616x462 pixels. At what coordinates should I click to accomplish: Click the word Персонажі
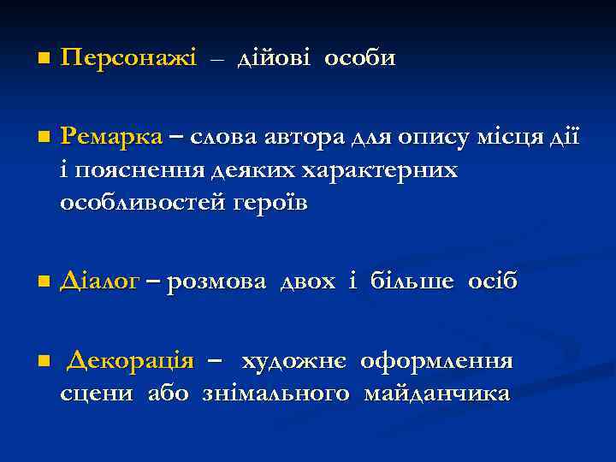coord(128,59)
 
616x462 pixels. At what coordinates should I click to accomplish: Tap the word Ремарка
coord(111,137)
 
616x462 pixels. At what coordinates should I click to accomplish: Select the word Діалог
coord(99,281)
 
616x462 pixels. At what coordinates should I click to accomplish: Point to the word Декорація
coord(130,360)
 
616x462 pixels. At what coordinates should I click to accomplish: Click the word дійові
coord(275,59)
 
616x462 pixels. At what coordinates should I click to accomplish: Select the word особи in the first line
coord(359,59)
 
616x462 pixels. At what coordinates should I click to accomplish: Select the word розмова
coord(217,281)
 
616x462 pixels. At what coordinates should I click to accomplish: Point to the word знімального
coord(276,394)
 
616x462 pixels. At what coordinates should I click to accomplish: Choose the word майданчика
coord(436,394)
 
